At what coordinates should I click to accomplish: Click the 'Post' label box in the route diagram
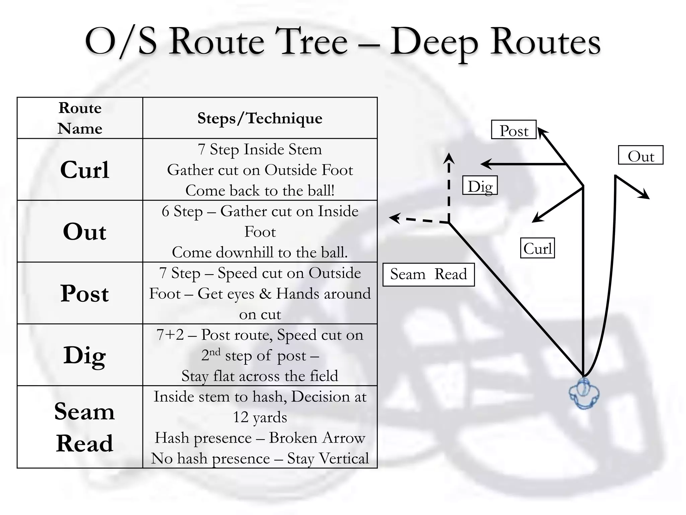[514, 129]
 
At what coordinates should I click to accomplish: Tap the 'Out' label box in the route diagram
[640, 155]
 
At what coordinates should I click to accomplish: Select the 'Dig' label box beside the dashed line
[480, 185]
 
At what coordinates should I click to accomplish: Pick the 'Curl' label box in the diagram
[537, 248]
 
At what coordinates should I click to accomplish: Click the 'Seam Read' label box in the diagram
[429, 275]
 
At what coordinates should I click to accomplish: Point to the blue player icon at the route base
[584, 394]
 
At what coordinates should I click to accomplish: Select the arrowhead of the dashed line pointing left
[394, 218]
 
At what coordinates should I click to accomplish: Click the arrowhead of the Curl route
[537, 217]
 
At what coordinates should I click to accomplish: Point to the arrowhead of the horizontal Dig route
[486, 164]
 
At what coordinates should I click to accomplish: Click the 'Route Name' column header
[80, 118]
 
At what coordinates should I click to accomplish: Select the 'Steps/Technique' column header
[260, 118]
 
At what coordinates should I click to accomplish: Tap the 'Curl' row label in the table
[85, 170]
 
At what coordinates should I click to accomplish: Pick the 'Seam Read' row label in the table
[84, 427]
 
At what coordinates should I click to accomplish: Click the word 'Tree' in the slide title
[311, 42]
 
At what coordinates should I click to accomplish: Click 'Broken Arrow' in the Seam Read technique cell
[317, 438]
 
